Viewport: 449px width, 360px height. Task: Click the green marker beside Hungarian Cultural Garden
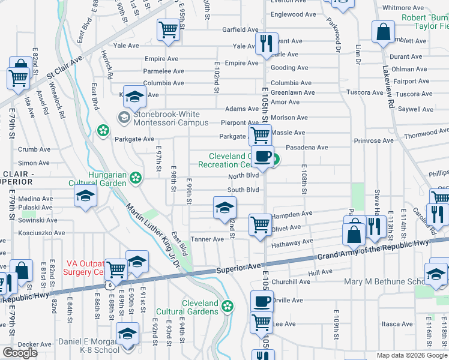click(136, 178)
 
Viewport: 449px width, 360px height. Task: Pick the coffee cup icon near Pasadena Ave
click(262, 157)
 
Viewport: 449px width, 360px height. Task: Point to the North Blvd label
click(243, 176)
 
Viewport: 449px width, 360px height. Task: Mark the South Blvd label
click(243, 190)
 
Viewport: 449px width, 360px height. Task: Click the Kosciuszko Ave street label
click(41, 233)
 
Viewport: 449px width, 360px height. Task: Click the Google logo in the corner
click(20, 352)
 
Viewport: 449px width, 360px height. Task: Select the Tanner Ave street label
click(207, 239)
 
